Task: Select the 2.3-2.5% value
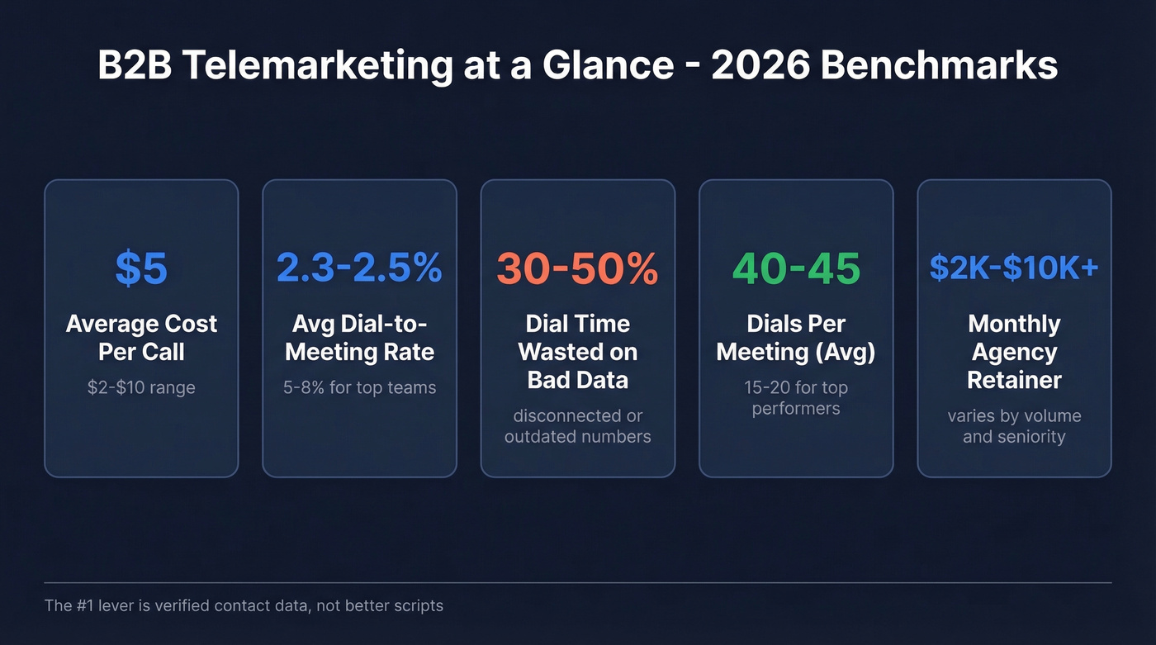click(x=359, y=268)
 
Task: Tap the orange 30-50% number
click(x=577, y=268)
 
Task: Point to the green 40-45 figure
click(x=796, y=268)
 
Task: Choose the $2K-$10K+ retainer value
click(x=1014, y=268)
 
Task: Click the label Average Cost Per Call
click(x=141, y=338)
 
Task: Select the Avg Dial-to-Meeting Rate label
click(x=359, y=338)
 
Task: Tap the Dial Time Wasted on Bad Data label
click(x=577, y=352)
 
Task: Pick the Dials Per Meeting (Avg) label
click(x=796, y=338)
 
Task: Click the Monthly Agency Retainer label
click(x=1014, y=352)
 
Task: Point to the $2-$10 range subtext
click(x=141, y=387)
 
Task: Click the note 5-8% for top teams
click(x=359, y=387)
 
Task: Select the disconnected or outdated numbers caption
click(x=577, y=426)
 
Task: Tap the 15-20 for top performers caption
click(x=796, y=398)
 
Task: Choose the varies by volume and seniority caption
click(x=1014, y=426)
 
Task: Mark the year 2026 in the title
click(x=760, y=65)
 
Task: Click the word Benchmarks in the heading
click(x=940, y=65)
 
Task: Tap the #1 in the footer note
click(x=85, y=606)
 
